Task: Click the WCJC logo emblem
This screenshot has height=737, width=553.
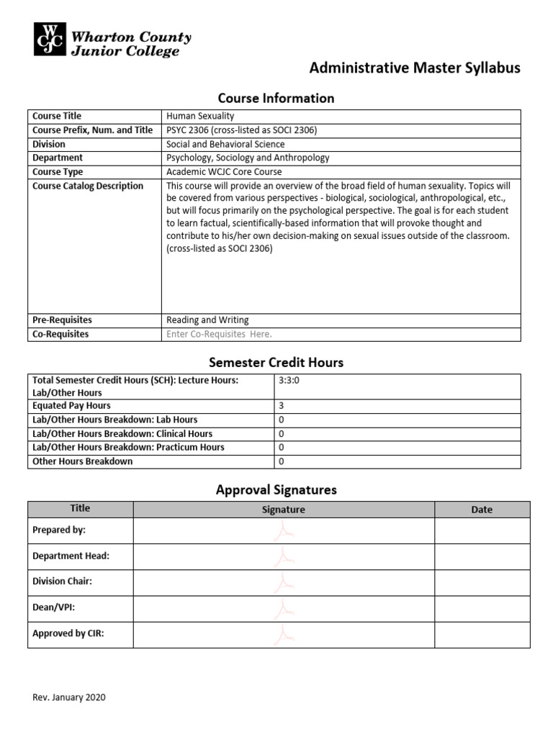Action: click(49, 39)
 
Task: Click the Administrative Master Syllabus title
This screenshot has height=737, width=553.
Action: click(414, 68)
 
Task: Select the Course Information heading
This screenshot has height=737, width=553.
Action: click(276, 98)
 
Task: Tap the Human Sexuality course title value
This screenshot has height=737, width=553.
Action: click(200, 116)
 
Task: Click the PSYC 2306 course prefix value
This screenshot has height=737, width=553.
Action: click(241, 130)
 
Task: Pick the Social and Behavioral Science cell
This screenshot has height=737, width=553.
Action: click(225, 144)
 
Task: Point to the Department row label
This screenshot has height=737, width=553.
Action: click(58, 158)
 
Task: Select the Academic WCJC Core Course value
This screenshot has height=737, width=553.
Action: click(224, 172)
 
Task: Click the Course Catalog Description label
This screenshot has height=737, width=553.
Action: click(88, 186)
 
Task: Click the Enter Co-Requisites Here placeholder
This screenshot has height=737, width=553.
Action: click(219, 334)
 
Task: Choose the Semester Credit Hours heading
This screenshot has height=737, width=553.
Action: click(276, 362)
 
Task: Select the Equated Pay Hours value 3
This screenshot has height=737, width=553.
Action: click(281, 406)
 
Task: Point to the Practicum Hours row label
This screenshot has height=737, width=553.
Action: click(128, 447)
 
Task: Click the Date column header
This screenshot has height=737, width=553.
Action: click(482, 510)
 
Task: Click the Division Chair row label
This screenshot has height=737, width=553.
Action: click(62, 582)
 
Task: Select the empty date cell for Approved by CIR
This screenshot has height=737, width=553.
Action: click(482, 634)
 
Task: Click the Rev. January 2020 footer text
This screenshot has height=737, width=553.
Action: click(69, 697)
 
